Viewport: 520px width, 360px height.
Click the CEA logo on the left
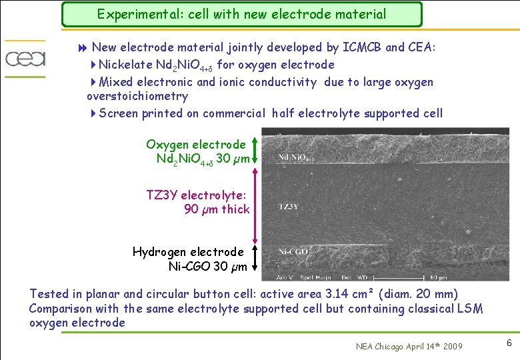(25, 59)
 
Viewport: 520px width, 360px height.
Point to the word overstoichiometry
(137, 96)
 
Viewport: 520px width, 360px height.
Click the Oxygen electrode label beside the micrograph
(195, 145)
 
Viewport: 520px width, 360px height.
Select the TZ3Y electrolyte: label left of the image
(196, 195)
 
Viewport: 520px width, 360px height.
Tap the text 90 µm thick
(216, 209)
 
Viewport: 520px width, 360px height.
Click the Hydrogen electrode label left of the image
(188, 252)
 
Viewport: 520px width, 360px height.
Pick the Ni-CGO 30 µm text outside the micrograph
(207, 267)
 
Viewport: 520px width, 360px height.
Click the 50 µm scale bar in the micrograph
(437, 277)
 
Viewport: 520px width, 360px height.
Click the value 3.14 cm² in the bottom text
(343, 294)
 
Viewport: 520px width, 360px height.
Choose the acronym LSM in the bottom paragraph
(465, 309)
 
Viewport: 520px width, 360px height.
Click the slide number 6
(509, 343)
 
